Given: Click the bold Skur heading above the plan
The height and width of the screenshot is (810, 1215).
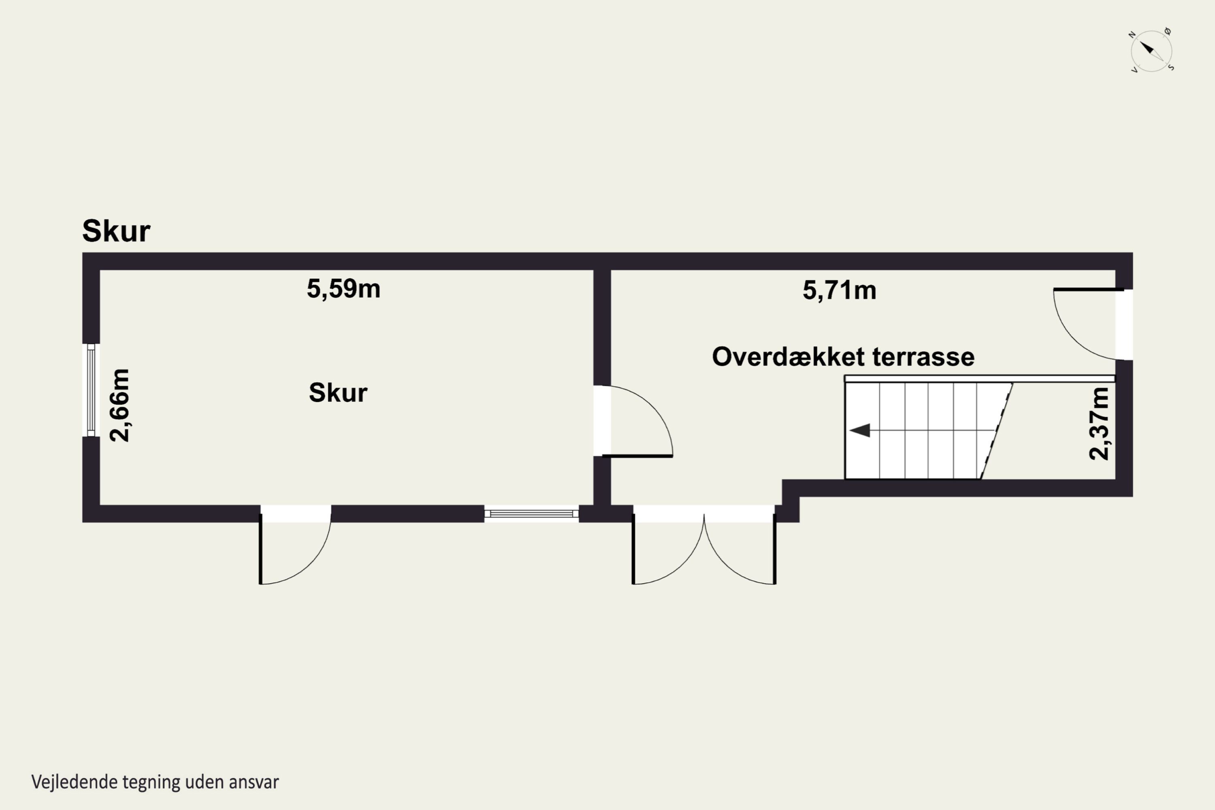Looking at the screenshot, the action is [x=116, y=230].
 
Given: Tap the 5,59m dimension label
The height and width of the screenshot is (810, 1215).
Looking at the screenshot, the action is [x=343, y=289].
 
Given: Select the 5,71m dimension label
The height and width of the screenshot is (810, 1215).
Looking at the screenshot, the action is [x=840, y=290].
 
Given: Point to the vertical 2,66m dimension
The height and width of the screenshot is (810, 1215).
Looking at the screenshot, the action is [x=120, y=405].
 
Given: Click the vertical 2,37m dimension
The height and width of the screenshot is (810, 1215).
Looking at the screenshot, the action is [x=1099, y=424].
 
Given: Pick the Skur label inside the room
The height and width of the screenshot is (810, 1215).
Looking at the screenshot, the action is [x=338, y=392].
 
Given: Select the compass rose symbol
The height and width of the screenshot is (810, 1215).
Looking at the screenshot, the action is [x=1151, y=51].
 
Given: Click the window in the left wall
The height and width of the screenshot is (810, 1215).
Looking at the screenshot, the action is [x=91, y=390].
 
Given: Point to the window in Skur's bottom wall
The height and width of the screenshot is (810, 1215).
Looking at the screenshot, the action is [x=531, y=514].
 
